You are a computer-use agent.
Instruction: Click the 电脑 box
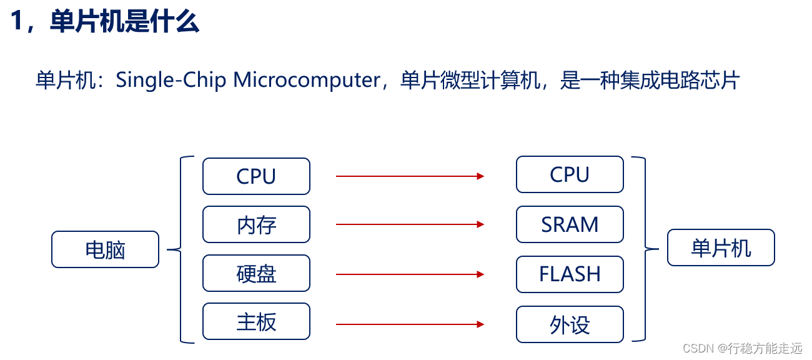(x=105, y=250)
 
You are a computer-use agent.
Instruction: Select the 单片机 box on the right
(x=721, y=248)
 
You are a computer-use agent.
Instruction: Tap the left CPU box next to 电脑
(x=256, y=176)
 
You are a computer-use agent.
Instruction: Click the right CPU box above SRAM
(x=570, y=174)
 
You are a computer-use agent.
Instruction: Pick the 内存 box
(x=256, y=224)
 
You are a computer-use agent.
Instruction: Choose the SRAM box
(x=570, y=224)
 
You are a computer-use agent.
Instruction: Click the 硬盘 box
(x=256, y=273)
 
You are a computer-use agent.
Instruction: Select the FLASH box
(x=570, y=274)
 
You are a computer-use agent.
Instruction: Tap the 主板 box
(x=256, y=322)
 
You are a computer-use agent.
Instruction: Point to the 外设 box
(x=570, y=324)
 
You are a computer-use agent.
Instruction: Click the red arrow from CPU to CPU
(x=410, y=176)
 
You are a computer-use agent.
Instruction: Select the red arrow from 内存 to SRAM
(x=410, y=224)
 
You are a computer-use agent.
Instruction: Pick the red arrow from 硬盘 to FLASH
(x=410, y=274)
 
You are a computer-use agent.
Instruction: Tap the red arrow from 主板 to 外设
(x=410, y=324)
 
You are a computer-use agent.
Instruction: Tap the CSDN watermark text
(x=742, y=348)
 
